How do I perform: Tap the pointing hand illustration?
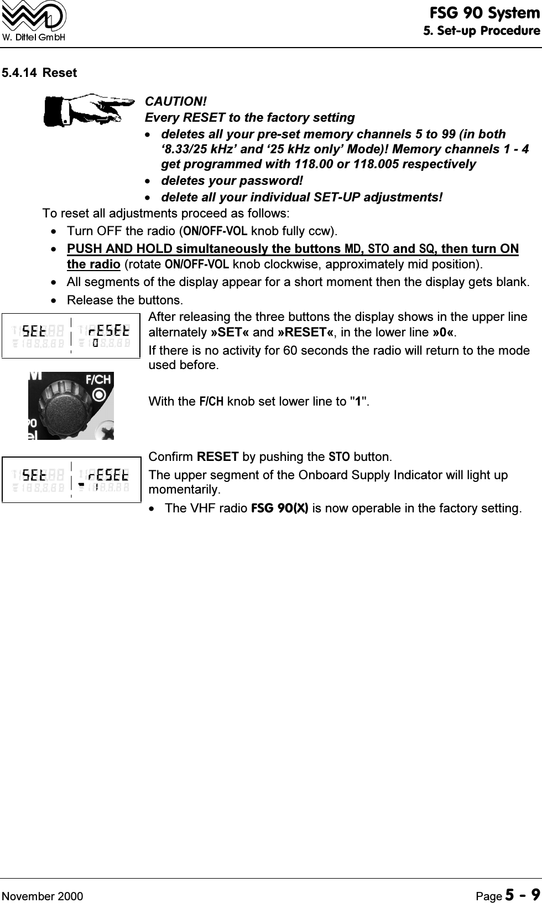[x=88, y=109]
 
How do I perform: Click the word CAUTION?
[x=175, y=102]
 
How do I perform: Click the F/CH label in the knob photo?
[x=98, y=380]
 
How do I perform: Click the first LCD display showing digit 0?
[x=71, y=336]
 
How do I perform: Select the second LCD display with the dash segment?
[x=71, y=479]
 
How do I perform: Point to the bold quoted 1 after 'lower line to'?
[x=358, y=401]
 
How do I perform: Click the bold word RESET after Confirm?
[x=217, y=458]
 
